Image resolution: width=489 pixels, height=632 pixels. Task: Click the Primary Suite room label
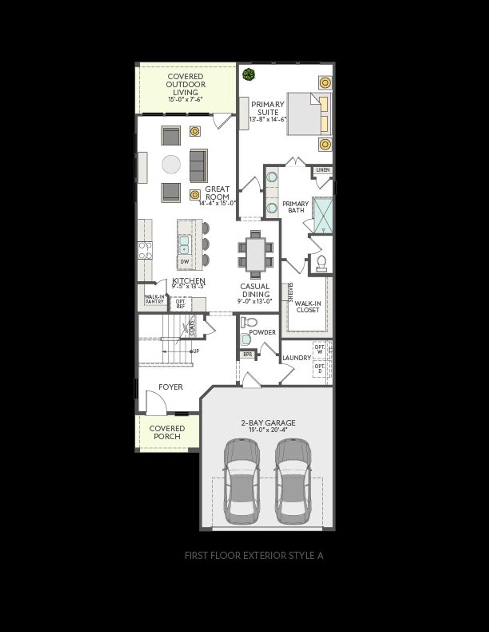point(268,108)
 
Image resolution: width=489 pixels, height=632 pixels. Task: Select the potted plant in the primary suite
point(249,74)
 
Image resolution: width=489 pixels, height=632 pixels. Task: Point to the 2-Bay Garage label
point(268,423)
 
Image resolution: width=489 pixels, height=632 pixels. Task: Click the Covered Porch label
point(167,432)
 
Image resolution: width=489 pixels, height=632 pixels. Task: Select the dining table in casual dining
point(255,253)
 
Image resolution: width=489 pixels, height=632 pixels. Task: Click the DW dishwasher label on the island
point(185,262)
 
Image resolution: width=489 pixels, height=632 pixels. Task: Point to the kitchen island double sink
point(184,244)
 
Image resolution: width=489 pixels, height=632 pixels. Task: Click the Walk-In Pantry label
point(154,299)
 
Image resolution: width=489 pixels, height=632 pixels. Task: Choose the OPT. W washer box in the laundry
point(319,350)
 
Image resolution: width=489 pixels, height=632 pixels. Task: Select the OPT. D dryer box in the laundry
point(319,369)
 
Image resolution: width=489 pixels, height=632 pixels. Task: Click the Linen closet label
point(323,170)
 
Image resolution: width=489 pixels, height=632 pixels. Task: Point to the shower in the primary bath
point(322,214)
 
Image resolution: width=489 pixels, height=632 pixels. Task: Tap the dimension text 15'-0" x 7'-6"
point(185,99)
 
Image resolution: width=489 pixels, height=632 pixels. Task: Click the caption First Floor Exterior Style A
point(254,556)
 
